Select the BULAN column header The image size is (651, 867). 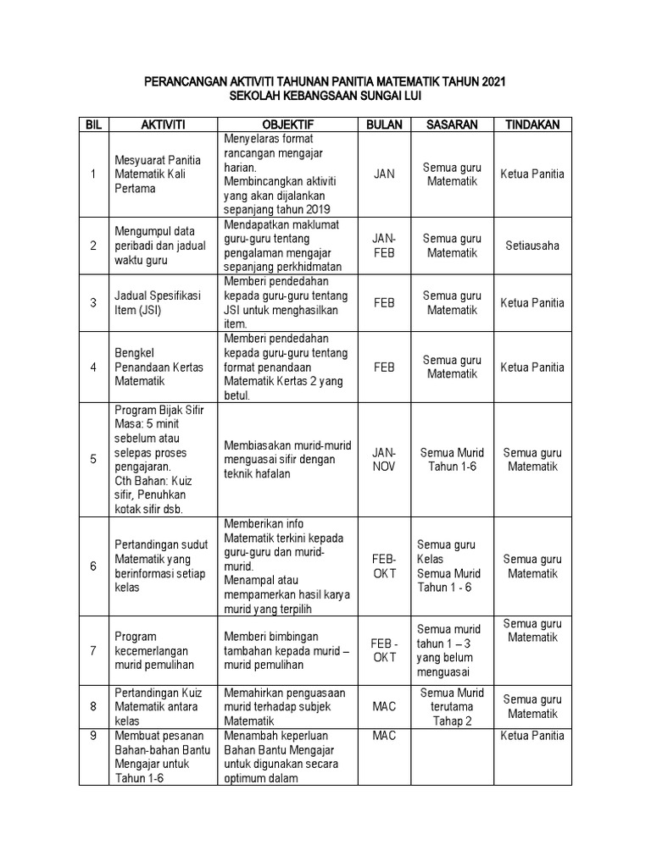pos(384,124)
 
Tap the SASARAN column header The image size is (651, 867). pos(452,124)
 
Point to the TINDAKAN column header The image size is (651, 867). pos(532,124)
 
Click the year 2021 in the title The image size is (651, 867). pos(493,82)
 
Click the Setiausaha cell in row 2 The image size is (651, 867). pos(532,246)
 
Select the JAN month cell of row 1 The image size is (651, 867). pos(384,174)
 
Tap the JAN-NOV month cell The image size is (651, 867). pos(384,460)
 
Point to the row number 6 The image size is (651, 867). pos(93,566)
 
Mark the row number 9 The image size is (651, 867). pos(93,736)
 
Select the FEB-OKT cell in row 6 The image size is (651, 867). pos(384,566)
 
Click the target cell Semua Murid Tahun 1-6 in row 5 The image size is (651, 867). pos(452,460)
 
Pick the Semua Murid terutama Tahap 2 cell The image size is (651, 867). pos(452,707)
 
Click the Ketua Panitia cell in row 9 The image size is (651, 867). pos(532,736)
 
